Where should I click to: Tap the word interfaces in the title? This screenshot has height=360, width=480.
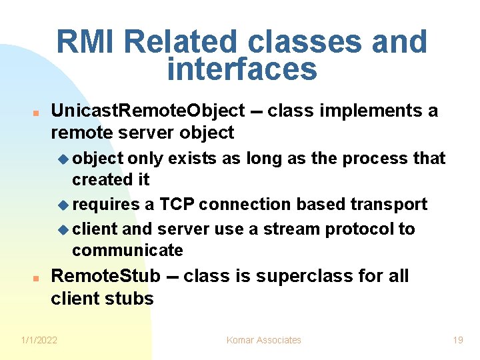[x=241, y=69]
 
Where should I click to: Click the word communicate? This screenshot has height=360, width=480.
[x=127, y=251]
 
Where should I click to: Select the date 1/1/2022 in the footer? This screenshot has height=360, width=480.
[x=39, y=340]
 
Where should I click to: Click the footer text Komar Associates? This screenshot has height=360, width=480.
[x=264, y=340]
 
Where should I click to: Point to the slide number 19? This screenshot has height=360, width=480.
[x=457, y=340]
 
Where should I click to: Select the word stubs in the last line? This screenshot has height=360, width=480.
[x=130, y=299]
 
